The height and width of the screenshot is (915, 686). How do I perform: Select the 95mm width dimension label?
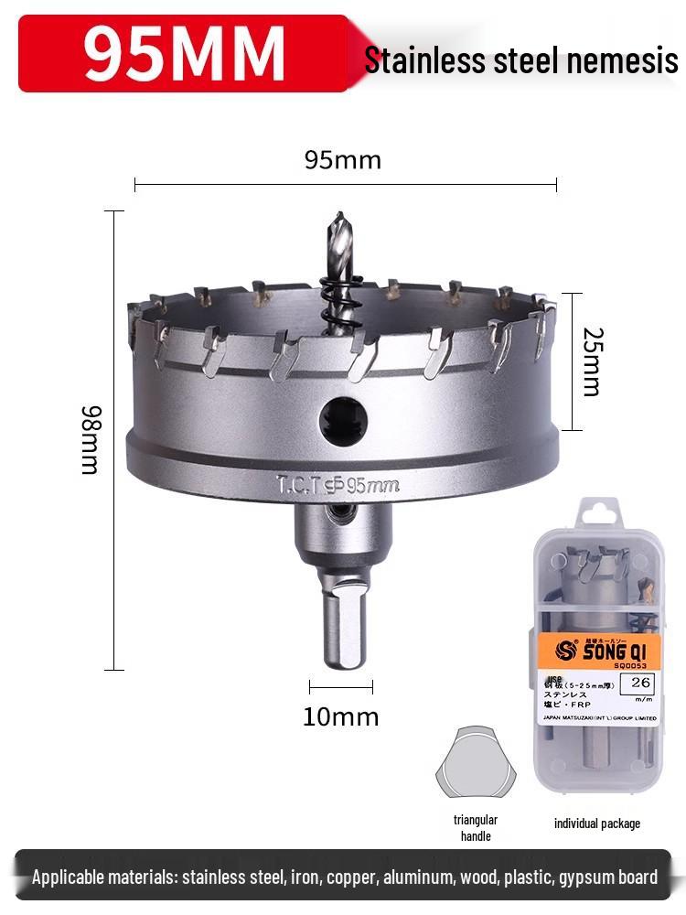[342, 160]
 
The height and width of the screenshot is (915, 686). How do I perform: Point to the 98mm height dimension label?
[90, 440]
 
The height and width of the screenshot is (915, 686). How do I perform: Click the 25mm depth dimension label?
[592, 361]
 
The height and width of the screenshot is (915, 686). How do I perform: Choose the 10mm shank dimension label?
[340, 716]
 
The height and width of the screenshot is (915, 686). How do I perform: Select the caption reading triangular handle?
[476, 828]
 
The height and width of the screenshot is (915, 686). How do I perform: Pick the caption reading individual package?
[597, 823]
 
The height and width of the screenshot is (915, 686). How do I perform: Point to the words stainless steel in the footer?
[232, 877]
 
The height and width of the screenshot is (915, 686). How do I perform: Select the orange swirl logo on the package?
[564, 651]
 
